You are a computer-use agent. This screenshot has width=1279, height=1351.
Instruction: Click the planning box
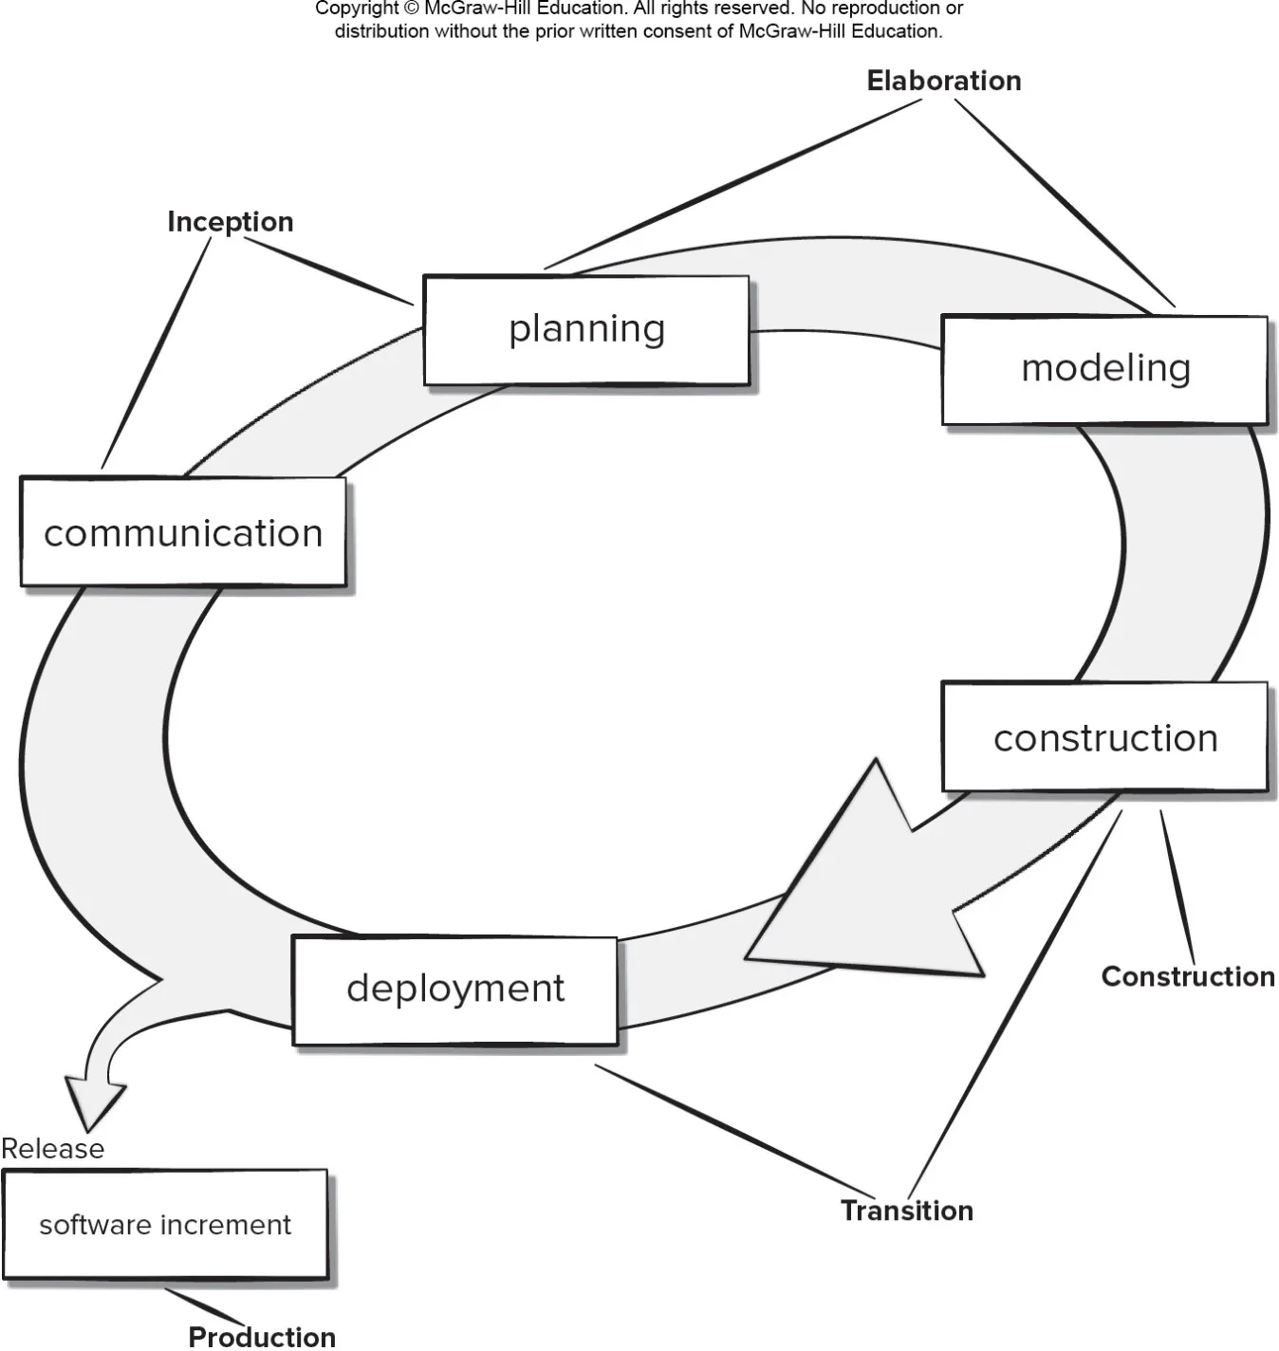click(586, 330)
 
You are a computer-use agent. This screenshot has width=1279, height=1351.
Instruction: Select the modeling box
click(1104, 369)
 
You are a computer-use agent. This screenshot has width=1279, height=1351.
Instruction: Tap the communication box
click(183, 532)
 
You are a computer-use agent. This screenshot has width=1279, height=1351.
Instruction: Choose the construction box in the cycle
click(1104, 737)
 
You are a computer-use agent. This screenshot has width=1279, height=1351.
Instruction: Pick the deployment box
click(455, 990)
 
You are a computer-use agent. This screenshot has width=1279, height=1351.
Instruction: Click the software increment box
click(165, 1225)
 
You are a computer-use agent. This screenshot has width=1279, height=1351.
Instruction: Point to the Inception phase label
click(231, 222)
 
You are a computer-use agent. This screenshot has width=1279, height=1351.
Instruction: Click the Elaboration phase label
click(944, 81)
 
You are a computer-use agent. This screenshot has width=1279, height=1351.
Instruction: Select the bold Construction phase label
click(1188, 976)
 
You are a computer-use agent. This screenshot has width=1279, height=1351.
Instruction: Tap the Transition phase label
click(907, 1211)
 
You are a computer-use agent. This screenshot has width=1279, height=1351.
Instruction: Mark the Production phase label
click(262, 1337)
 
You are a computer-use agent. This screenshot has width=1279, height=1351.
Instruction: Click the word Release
click(53, 1149)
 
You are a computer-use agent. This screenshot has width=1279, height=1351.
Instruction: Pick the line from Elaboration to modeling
click(1065, 203)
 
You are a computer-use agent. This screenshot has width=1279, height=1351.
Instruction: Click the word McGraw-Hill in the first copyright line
click(478, 9)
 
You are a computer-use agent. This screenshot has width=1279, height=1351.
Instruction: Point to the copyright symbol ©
click(411, 9)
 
